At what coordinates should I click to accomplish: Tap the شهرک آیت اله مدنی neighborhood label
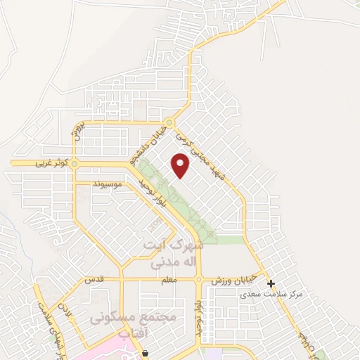[172, 254]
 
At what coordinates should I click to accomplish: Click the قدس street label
[95, 279]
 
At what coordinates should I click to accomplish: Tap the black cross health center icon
[271, 283]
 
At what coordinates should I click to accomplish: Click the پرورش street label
[79, 131]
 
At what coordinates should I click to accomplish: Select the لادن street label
[66, 308]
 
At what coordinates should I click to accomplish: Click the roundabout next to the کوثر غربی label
[75, 164]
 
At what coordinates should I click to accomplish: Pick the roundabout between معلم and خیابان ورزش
[200, 279]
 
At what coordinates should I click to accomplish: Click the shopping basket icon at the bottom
[146, 354]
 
